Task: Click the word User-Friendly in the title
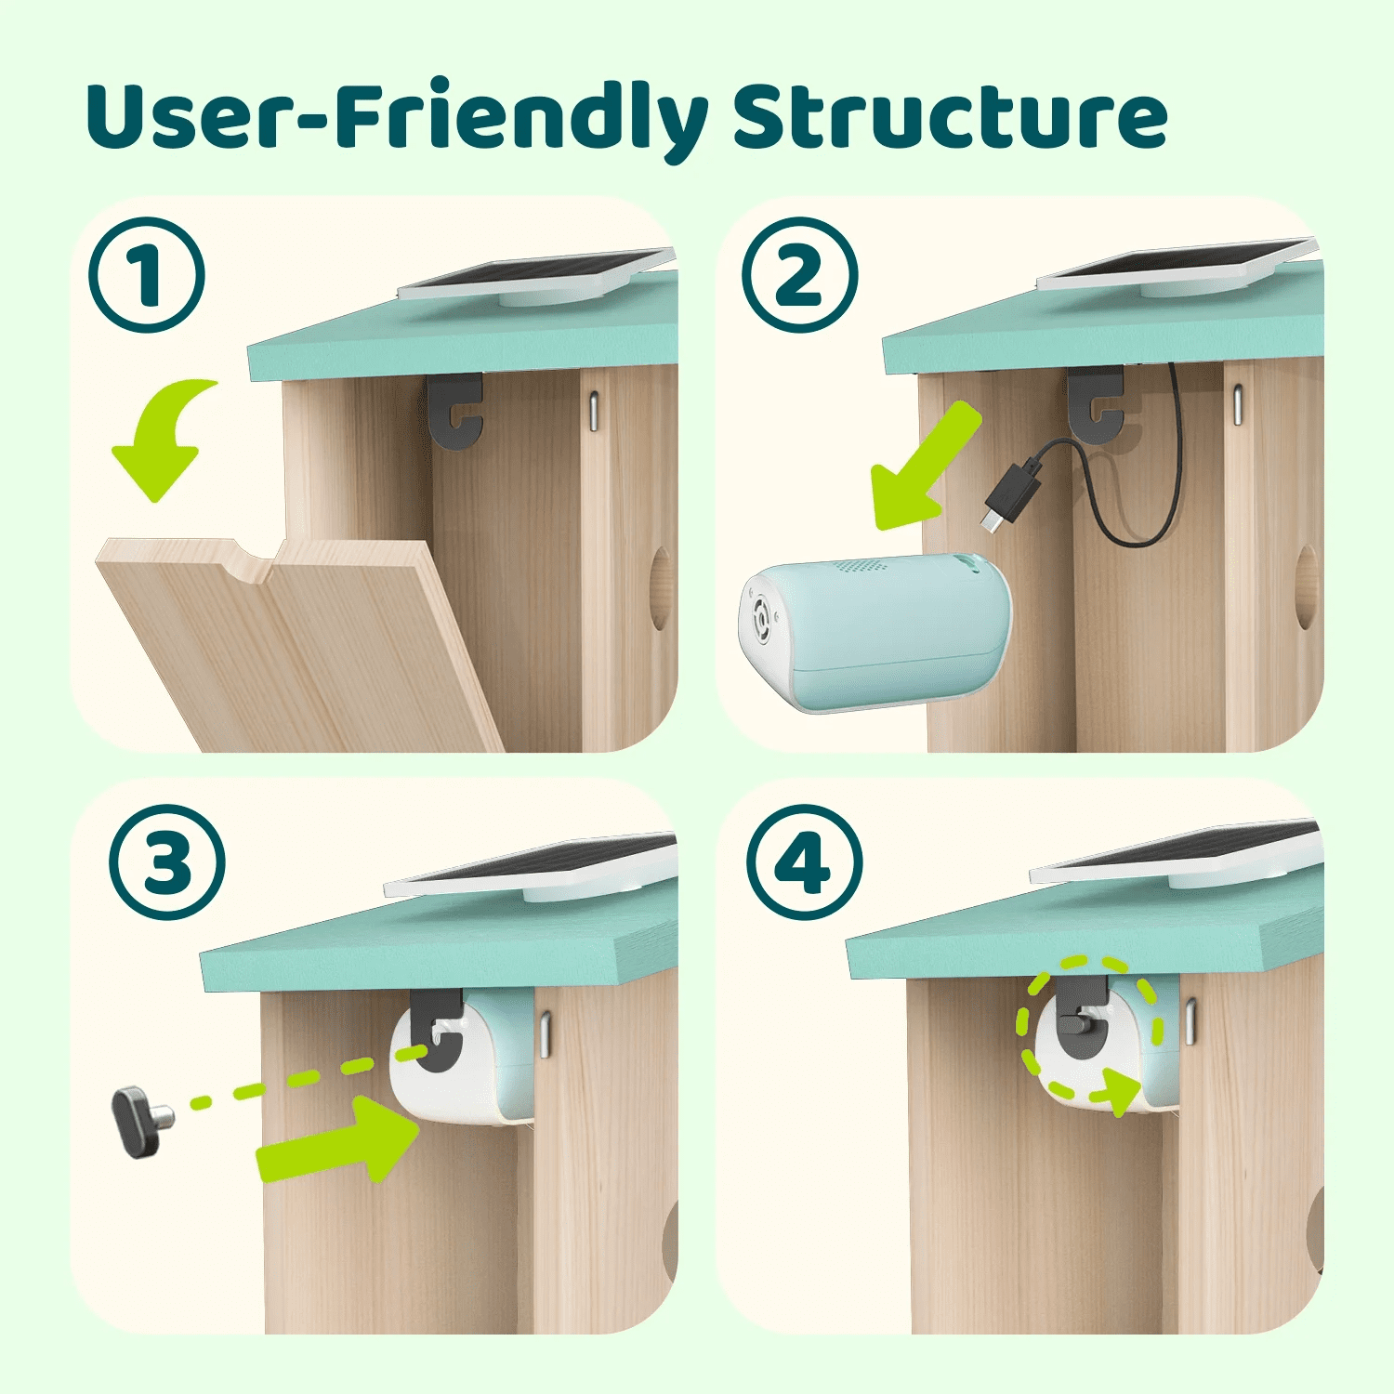tap(395, 119)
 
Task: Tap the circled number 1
tap(147, 275)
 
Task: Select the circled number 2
tap(799, 275)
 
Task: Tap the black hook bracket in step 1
tap(456, 409)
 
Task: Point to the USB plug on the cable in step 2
tap(1008, 493)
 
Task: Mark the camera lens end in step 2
tap(764, 618)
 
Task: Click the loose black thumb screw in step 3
tap(139, 1122)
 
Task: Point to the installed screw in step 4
tap(1078, 1022)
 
